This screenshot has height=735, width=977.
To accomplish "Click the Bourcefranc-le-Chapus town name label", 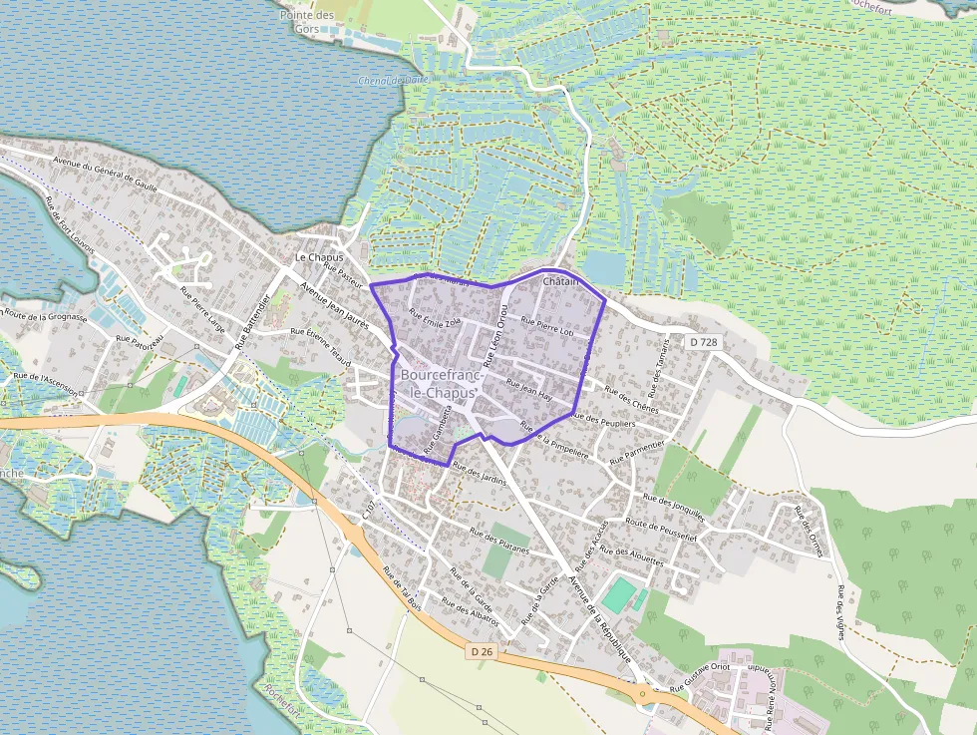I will coord(440,384).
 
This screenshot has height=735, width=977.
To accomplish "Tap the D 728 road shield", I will coord(703,342).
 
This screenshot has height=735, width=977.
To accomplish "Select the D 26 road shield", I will coord(481,651).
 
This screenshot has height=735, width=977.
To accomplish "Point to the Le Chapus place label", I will coord(319,257).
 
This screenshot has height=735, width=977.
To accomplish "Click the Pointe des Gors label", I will coord(307,21).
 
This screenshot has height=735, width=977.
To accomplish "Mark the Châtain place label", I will coord(560,282).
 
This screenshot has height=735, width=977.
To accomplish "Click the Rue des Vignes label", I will coord(841,613).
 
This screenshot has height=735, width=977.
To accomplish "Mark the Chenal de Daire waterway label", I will coord(392,80).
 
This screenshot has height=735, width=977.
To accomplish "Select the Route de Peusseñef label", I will coord(660,529).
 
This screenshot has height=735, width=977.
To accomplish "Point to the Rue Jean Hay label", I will coord(529,389).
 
